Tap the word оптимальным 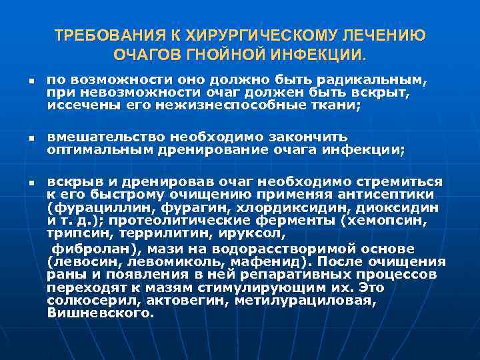99,149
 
